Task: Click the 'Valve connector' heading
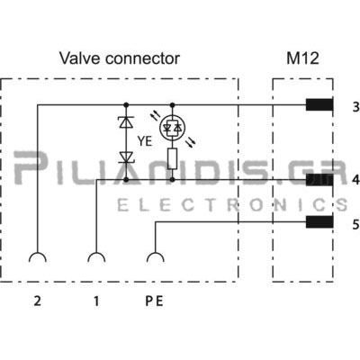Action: coord(120,58)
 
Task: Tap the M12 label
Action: coord(302,58)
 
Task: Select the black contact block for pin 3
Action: coord(319,104)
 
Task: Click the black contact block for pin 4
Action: coord(319,180)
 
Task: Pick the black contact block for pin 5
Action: coord(319,222)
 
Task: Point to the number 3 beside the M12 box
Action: coord(355,107)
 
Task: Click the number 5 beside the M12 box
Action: coord(355,224)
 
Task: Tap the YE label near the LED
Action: coord(145,141)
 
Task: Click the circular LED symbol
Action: coord(172,128)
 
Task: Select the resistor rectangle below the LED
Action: coord(172,158)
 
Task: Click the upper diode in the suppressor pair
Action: coord(126,122)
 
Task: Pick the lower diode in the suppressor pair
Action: coord(126,157)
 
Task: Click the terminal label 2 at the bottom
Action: coord(37,301)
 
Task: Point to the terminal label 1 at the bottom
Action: coord(96,301)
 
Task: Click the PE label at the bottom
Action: coord(154,301)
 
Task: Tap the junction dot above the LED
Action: coord(172,104)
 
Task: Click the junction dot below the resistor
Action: coord(172,180)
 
